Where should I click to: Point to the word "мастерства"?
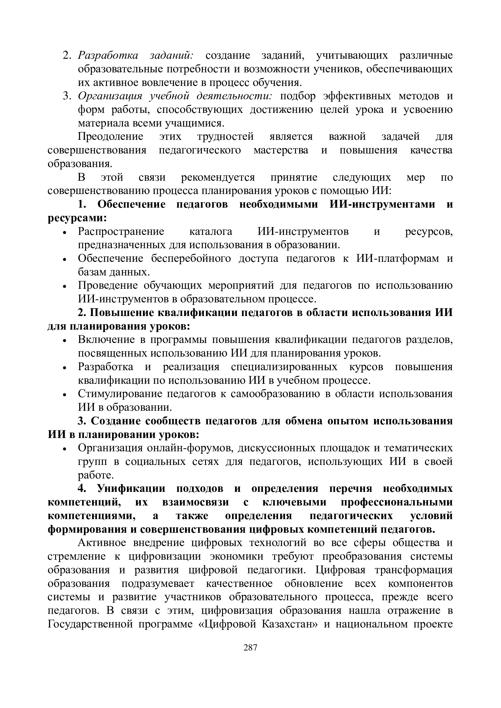281,150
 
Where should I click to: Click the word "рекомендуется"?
218,178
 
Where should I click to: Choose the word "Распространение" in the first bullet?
121,231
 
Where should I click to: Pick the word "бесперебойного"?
191,259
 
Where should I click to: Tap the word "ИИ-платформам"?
398,259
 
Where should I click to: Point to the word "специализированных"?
284,367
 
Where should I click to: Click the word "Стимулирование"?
120,394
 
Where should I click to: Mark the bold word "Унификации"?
131,489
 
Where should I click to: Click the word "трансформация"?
413,570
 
